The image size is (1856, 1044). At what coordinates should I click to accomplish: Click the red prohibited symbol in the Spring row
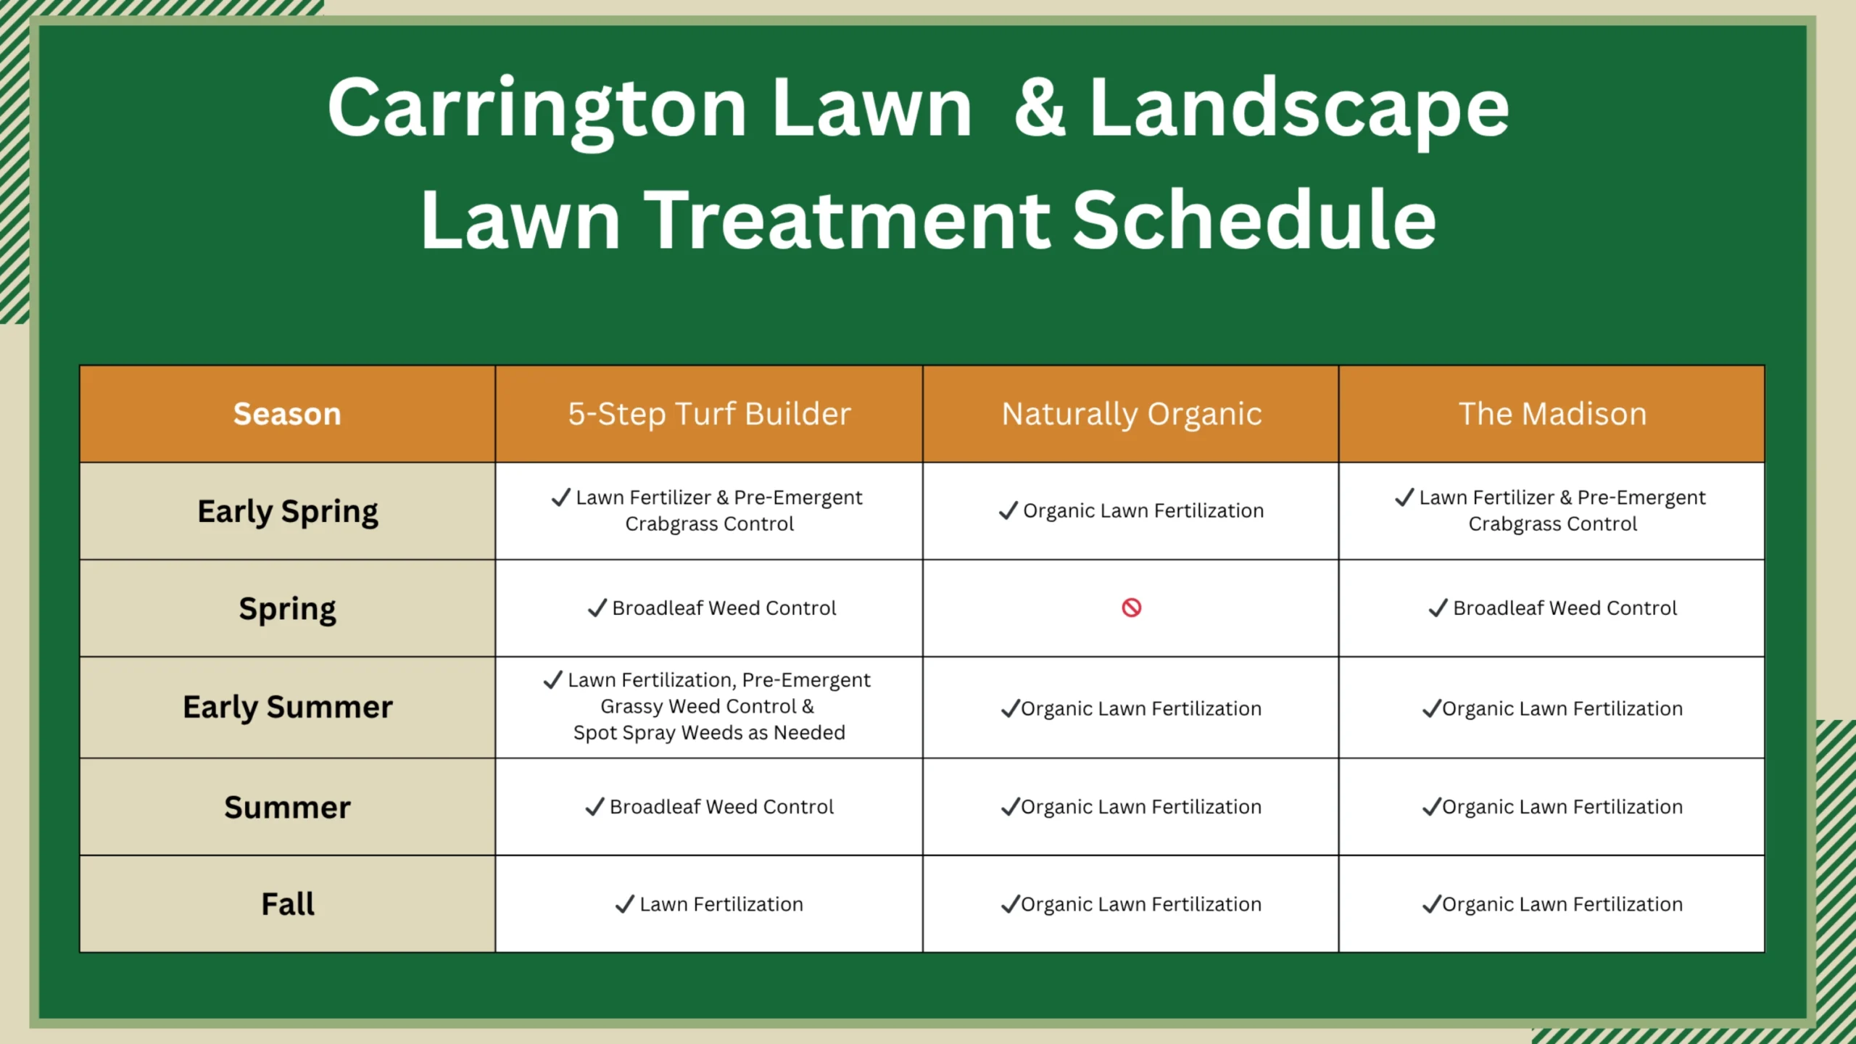click(1131, 608)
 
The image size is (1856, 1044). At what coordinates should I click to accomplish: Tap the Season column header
click(287, 414)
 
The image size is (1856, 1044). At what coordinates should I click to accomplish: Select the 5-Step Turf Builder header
click(709, 414)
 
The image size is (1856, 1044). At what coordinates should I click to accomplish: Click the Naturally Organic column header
click(1132, 415)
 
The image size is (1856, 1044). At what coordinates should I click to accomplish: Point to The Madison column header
click(1552, 414)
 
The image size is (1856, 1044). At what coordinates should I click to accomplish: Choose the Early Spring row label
click(288, 512)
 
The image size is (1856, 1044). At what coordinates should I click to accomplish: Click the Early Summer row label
click(288, 708)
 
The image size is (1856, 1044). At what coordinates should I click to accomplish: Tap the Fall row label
click(288, 904)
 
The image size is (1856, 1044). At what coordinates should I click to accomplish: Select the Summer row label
click(288, 807)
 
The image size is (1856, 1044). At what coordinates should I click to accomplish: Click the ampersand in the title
click(1040, 108)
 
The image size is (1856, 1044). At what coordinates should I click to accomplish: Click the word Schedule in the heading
click(1254, 219)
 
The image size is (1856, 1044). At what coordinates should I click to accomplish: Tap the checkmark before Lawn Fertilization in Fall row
click(624, 905)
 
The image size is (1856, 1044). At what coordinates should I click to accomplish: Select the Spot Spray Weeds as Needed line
click(709, 733)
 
